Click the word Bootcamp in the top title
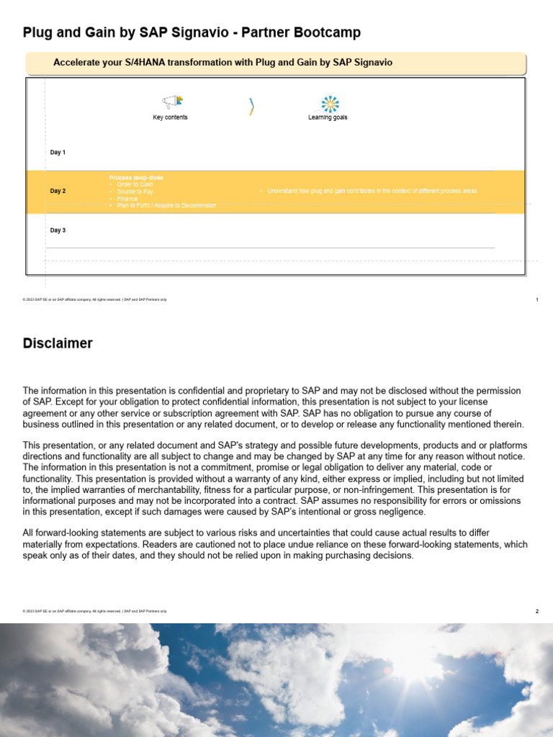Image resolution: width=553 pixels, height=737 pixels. [x=327, y=32]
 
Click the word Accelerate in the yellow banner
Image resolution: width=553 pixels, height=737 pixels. [x=76, y=63]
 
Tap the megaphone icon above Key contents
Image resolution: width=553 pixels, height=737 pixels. [x=172, y=103]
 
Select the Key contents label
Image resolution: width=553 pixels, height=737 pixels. [x=170, y=117]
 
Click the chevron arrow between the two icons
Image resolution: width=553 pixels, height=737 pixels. [x=251, y=107]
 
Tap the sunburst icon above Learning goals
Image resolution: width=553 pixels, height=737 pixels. [x=330, y=104]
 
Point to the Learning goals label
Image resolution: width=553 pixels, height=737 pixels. [x=328, y=117]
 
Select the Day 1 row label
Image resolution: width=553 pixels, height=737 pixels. [x=58, y=153]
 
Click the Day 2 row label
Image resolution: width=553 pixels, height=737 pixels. [x=58, y=191]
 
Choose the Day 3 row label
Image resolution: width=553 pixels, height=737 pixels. [x=58, y=230]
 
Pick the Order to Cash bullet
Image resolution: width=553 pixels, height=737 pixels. [x=135, y=184]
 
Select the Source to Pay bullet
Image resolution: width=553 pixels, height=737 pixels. [x=135, y=191]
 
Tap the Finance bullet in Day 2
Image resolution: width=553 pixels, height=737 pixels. [x=127, y=199]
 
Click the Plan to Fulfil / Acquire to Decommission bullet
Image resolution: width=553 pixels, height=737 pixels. [x=166, y=206]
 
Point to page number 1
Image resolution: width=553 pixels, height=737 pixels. [x=537, y=299]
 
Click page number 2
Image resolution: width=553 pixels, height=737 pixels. [x=537, y=611]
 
